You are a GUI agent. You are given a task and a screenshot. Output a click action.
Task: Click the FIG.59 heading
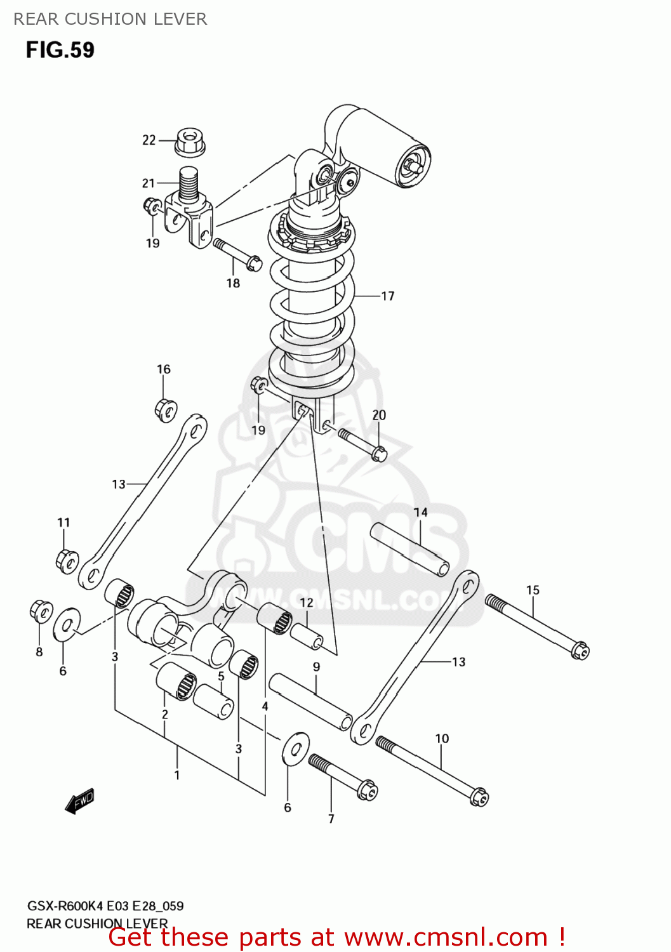(x=60, y=50)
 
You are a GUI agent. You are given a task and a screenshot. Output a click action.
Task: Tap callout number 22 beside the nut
(x=149, y=140)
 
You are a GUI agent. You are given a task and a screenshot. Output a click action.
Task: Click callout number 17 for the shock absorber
(x=387, y=296)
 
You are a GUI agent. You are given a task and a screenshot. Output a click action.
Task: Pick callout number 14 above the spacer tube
(x=420, y=512)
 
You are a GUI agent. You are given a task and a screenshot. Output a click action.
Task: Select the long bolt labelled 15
(x=537, y=625)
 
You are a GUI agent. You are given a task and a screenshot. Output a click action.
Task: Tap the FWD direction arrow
(x=79, y=802)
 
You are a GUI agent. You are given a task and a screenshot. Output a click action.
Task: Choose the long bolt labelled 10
(x=432, y=770)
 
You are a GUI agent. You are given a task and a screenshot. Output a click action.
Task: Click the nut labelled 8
(x=41, y=612)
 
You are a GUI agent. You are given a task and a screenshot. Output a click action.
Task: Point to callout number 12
(x=307, y=602)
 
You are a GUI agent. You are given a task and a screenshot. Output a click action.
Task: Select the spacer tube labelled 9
(x=310, y=703)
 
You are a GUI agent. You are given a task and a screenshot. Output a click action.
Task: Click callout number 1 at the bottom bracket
(x=177, y=775)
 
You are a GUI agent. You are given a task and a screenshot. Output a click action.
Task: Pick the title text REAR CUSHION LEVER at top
(x=110, y=19)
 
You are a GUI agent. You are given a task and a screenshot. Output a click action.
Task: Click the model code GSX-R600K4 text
(x=65, y=906)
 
